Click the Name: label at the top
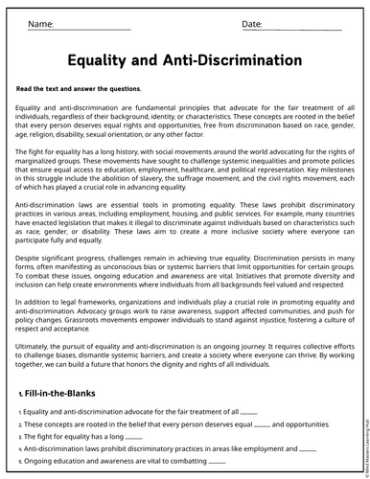tap(41, 22)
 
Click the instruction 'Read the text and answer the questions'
tap(79, 88)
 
